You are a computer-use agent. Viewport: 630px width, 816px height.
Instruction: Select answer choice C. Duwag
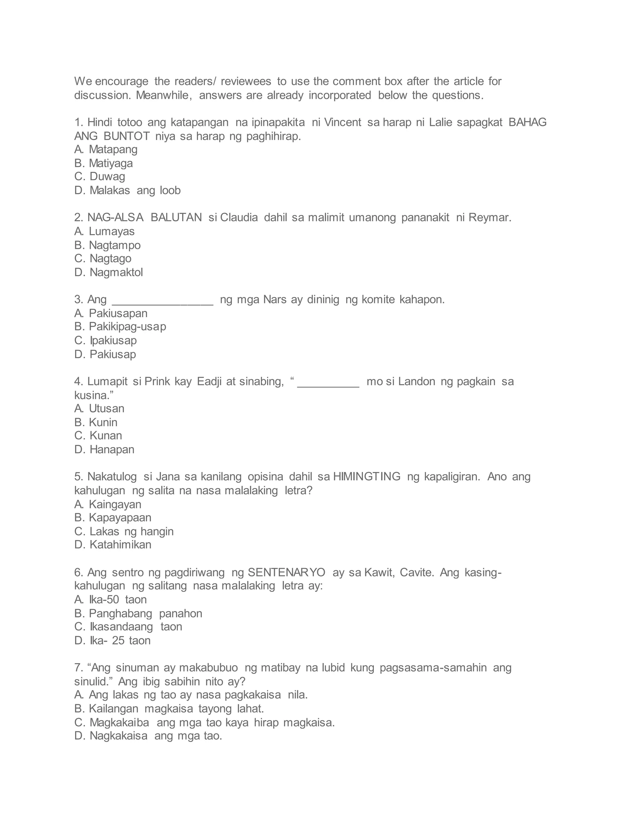point(100,176)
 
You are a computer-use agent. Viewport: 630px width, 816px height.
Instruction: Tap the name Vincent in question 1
point(343,122)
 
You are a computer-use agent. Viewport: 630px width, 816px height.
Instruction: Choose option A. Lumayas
point(105,231)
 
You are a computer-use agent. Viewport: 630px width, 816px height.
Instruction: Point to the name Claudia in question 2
point(239,217)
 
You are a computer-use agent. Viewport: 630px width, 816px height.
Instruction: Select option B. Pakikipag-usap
point(120,326)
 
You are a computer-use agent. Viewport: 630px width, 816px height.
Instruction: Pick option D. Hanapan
point(105,450)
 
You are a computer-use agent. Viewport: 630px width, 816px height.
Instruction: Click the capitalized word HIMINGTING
point(367,477)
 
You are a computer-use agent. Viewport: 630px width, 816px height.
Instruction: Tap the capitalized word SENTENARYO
point(287,572)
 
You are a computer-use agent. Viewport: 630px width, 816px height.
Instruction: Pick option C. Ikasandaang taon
point(128,627)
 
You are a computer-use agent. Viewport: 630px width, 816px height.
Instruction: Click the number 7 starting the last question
point(77,668)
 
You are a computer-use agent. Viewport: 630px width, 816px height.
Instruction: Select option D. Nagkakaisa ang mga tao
point(148,736)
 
